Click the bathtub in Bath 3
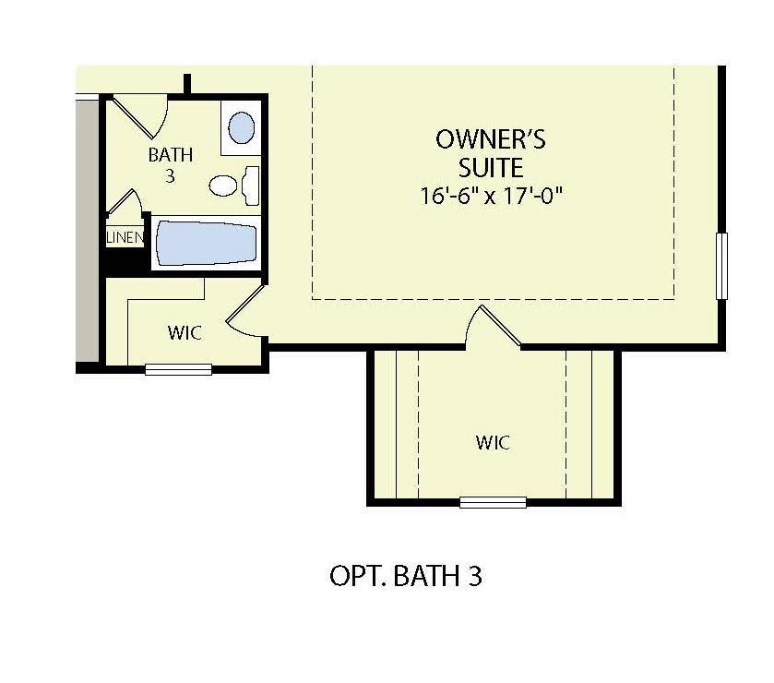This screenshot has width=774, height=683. [206, 244]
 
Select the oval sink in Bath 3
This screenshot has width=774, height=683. [242, 127]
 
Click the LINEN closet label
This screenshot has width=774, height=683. [125, 238]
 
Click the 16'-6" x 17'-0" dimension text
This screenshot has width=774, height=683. [491, 196]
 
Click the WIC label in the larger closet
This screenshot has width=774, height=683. [494, 442]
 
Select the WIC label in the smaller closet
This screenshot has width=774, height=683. [185, 331]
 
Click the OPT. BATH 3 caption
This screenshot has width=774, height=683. [406, 576]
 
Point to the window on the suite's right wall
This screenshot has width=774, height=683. [721, 266]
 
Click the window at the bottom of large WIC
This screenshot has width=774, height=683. [494, 502]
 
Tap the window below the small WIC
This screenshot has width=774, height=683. [179, 370]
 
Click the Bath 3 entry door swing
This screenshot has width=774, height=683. [145, 116]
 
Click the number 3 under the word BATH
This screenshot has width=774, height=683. [170, 175]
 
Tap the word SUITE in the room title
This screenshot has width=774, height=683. [491, 168]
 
